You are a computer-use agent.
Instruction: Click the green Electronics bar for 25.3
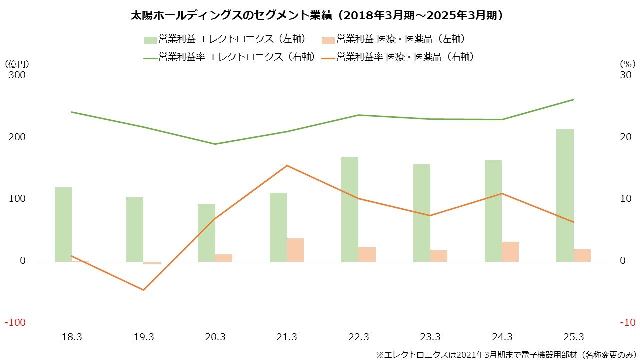click(x=565, y=195)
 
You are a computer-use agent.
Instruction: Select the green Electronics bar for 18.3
click(x=63, y=224)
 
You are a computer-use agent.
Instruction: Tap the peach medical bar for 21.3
click(x=295, y=250)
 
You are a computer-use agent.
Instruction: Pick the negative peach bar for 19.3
click(x=152, y=263)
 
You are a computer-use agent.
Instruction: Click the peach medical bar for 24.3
click(x=510, y=252)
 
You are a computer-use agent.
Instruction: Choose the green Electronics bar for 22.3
click(x=350, y=209)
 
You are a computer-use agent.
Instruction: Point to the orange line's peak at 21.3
click(x=287, y=165)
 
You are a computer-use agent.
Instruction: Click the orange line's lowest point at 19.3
click(x=144, y=290)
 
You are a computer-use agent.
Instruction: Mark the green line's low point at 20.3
click(x=215, y=144)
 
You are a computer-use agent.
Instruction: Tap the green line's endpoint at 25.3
click(x=573, y=99)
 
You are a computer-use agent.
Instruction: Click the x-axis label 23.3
click(x=430, y=337)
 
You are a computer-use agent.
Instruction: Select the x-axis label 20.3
click(x=215, y=337)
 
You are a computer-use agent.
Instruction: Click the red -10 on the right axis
click(x=627, y=323)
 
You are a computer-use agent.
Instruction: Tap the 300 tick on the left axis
click(x=16, y=75)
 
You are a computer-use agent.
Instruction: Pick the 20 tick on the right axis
click(x=626, y=137)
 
